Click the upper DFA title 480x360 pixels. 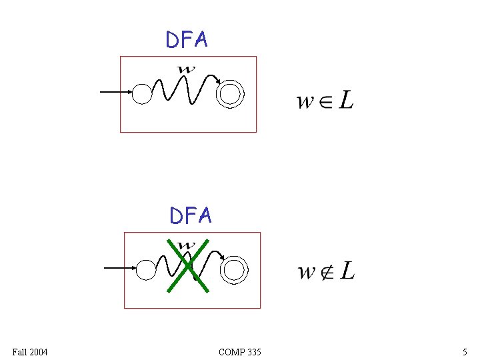click(x=187, y=40)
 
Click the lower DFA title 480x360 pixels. click(x=191, y=215)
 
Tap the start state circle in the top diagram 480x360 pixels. click(x=142, y=93)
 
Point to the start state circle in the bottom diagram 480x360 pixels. click(x=146, y=270)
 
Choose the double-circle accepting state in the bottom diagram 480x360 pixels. click(x=235, y=270)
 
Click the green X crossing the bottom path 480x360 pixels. click(x=189, y=265)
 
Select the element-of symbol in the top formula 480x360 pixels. click(x=324, y=102)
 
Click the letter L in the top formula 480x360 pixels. click(x=346, y=100)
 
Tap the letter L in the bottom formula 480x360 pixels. click(x=347, y=271)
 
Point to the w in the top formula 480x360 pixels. click(x=305, y=102)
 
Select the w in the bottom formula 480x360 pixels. click(x=307, y=273)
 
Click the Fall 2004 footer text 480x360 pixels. click(x=30, y=351)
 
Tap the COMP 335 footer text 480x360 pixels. click(x=240, y=351)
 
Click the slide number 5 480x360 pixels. click(x=465, y=351)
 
